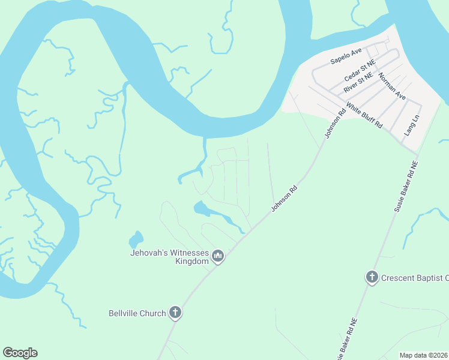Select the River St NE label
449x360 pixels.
(358, 84)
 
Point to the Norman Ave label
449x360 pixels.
(392, 86)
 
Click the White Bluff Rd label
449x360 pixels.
(365, 114)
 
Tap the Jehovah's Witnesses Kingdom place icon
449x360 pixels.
(217, 257)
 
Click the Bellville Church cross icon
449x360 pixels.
(175, 312)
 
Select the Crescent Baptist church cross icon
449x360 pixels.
(372, 277)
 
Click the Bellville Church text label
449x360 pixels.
(137, 313)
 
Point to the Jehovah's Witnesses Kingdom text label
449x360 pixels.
(169, 257)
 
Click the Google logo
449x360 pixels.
(20, 353)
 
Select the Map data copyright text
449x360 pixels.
(423, 355)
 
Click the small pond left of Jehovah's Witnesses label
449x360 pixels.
(136, 240)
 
